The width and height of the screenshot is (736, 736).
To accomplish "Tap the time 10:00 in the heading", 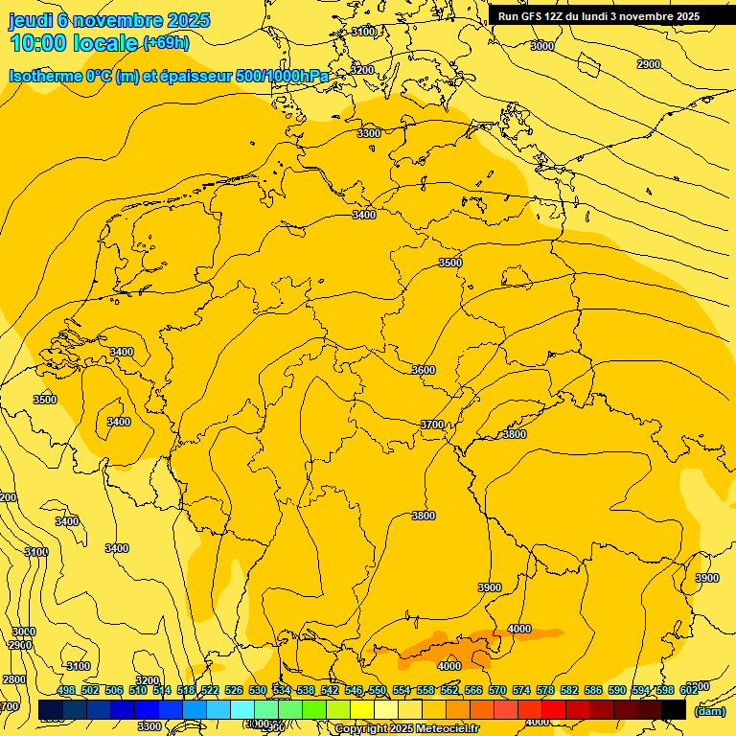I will pyautogui.click(x=37, y=42).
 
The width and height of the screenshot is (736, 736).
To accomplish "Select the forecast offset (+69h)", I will pyautogui.click(x=166, y=43).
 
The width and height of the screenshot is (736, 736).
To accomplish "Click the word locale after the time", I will pyautogui.click(x=104, y=43).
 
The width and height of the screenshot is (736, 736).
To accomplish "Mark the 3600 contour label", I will pyautogui.click(x=423, y=370).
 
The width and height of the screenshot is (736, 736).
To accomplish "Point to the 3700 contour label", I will pyautogui.click(x=432, y=425).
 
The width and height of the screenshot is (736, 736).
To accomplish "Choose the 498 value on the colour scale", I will pyautogui.click(x=66, y=690).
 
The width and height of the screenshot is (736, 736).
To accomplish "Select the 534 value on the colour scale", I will pyautogui.click(x=282, y=690).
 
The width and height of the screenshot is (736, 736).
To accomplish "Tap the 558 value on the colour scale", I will pyautogui.click(x=425, y=690).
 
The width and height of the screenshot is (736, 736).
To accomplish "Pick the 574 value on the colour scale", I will pyautogui.click(x=521, y=690).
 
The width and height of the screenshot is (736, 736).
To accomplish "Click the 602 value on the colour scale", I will pyautogui.click(x=689, y=690).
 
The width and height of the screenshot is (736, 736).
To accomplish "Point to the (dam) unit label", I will pyautogui.click(x=709, y=711).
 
